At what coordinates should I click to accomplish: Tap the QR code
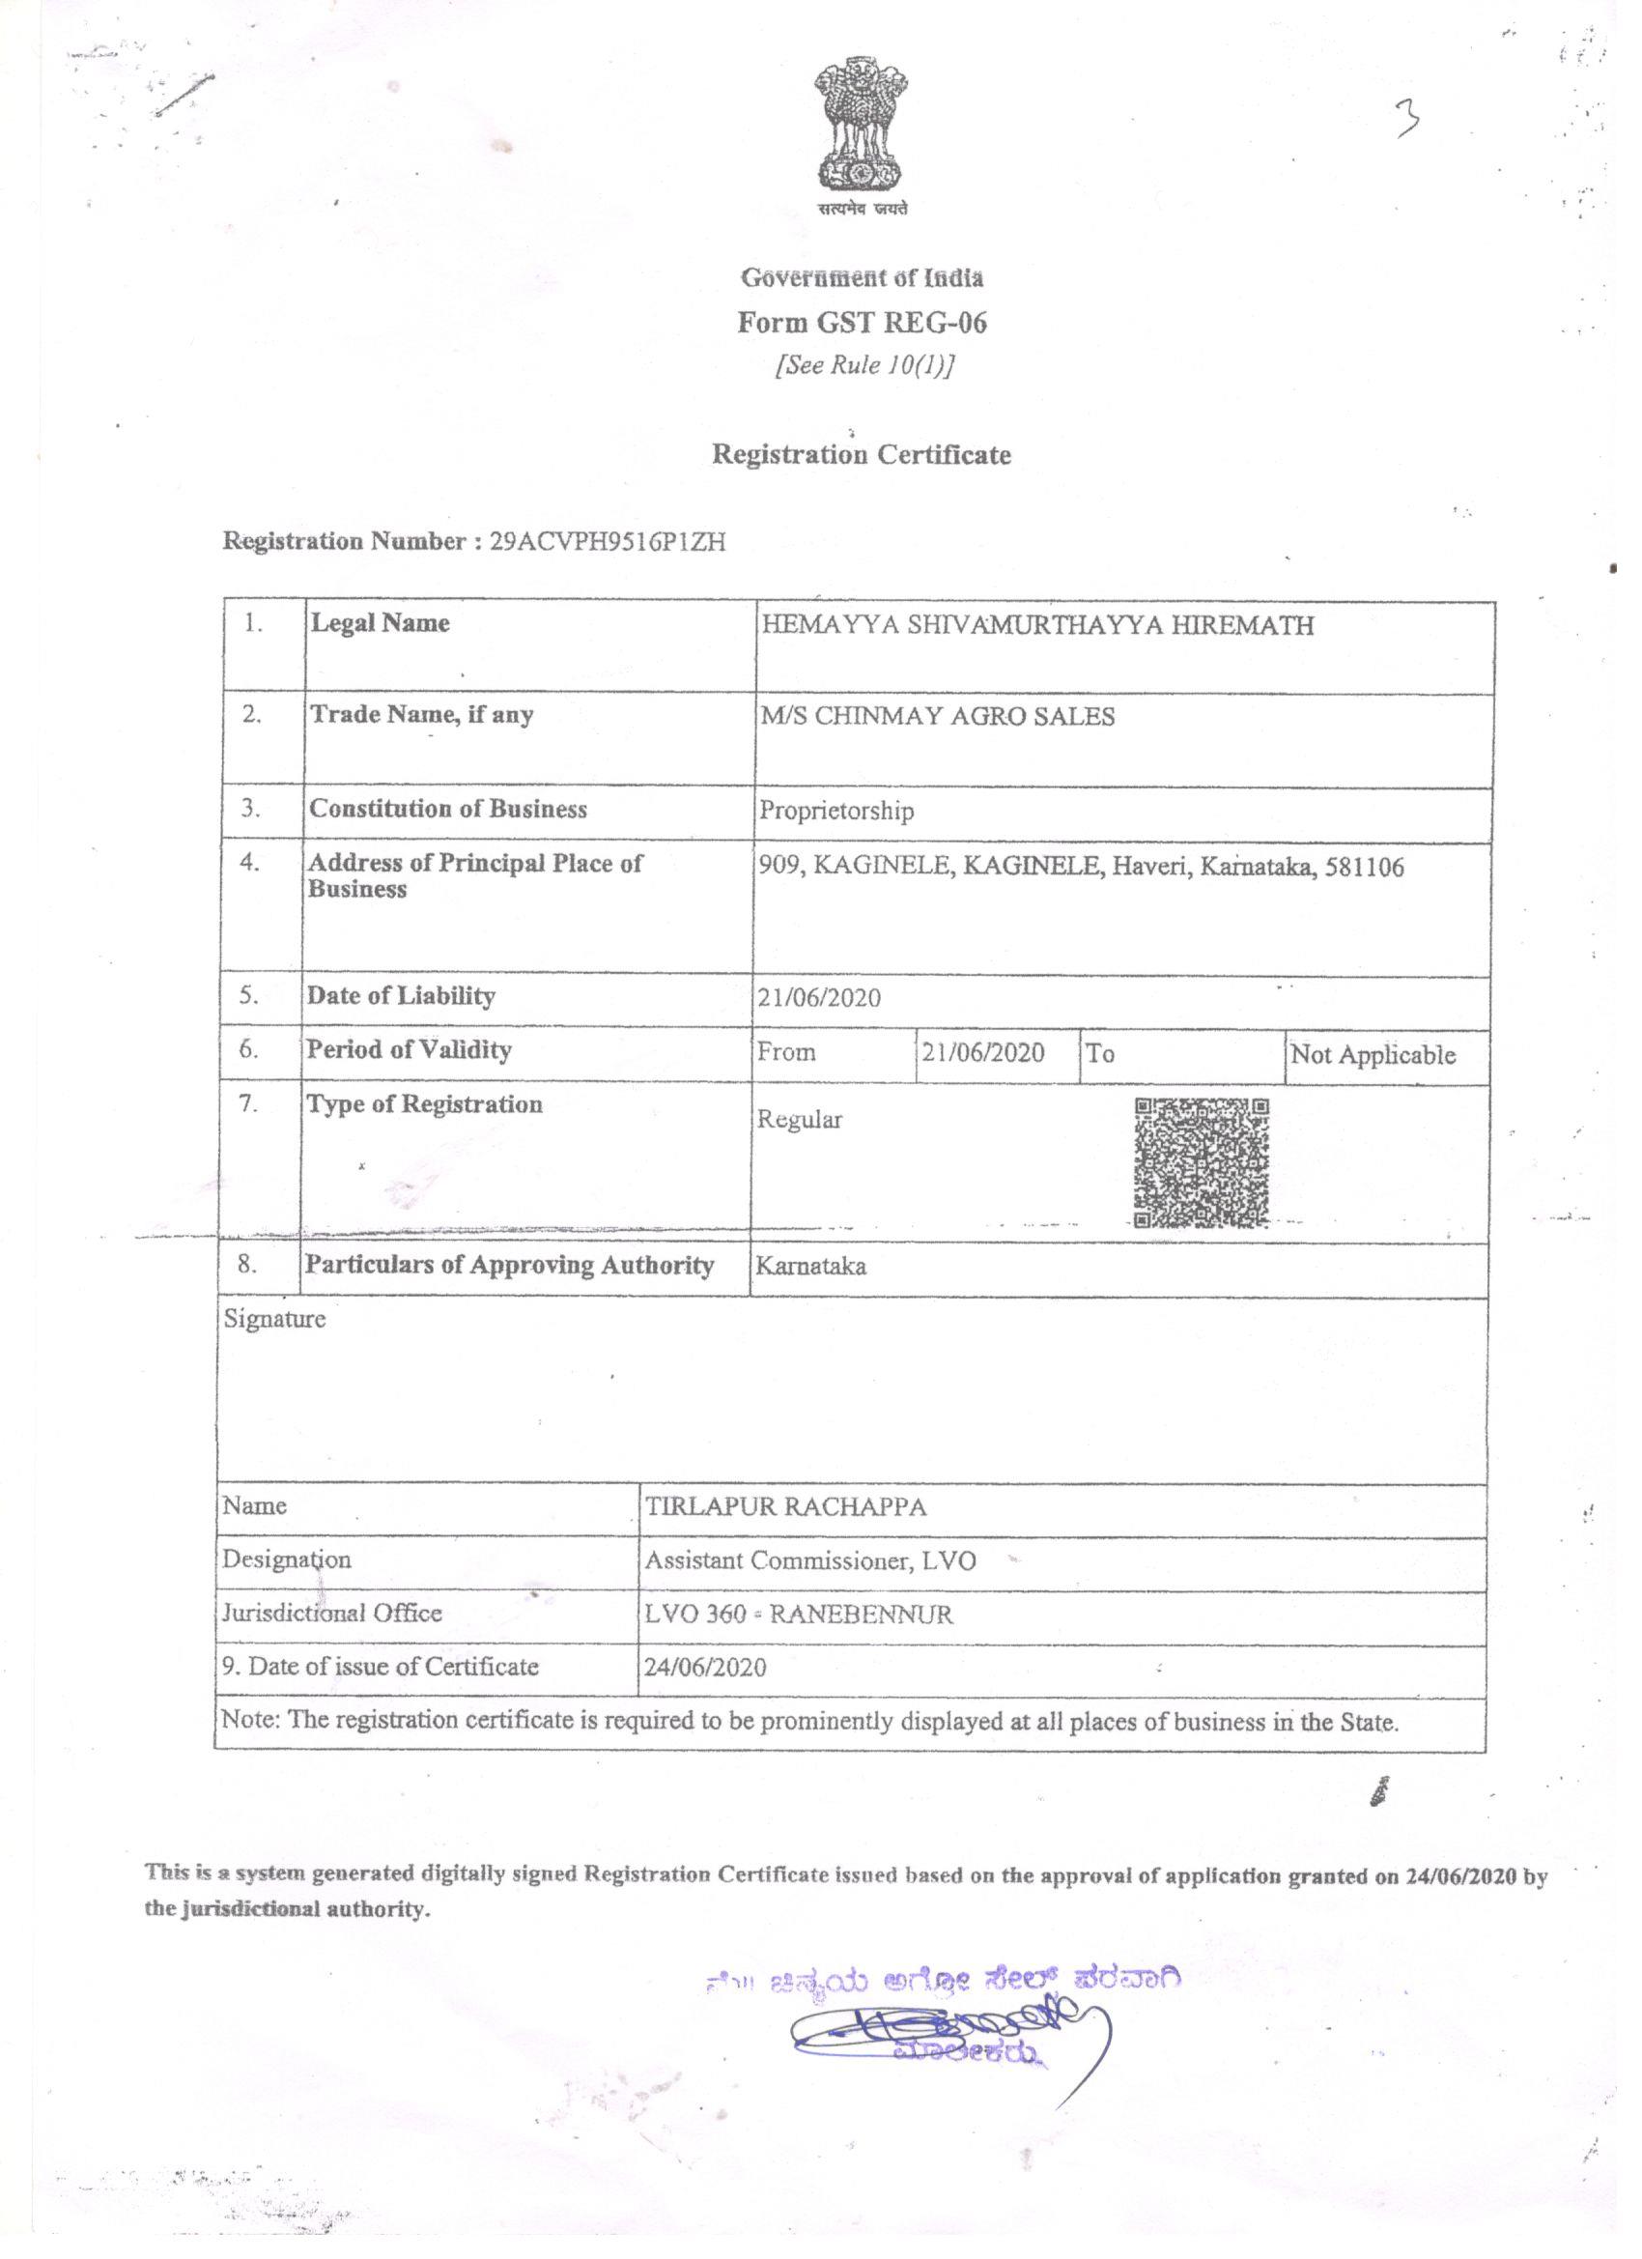pyautogui.click(x=1202, y=1162)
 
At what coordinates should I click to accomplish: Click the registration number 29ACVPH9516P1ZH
pyautogui.click(x=608, y=542)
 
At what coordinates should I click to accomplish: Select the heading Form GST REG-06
pyautogui.click(x=863, y=322)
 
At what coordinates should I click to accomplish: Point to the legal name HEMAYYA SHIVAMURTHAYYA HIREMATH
pyautogui.click(x=1037, y=625)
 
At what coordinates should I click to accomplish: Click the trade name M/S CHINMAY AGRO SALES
pyautogui.click(x=937, y=716)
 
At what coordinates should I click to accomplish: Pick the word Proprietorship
pyautogui.click(x=836, y=811)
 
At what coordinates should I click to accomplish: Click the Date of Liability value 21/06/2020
pyautogui.click(x=818, y=998)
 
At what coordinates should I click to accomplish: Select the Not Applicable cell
pyautogui.click(x=1373, y=1055)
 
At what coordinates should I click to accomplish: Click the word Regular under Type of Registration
pyautogui.click(x=800, y=1120)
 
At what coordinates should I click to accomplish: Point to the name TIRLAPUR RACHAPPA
pyautogui.click(x=785, y=1507)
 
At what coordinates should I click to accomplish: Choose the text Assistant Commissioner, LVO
pyautogui.click(x=809, y=1560)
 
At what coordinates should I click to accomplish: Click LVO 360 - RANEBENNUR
pyautogui.click(x=799, y=1614)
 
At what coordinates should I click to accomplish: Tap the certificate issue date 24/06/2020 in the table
pyautogui.click(x=705, y=1668)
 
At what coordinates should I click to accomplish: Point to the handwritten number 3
pyautogui.click(x=1408, y=121)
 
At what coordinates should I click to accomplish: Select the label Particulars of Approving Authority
pyautogui.click(x=509, y=1265)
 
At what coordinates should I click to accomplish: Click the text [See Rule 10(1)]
pyautogui.click(x=864, y=365)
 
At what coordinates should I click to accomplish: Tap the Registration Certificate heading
pyautogui.click(x=862, y=454)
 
